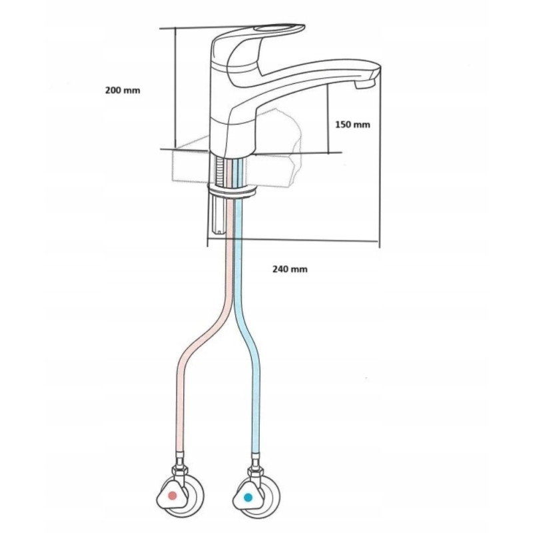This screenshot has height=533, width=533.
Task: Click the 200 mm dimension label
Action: [123, 90]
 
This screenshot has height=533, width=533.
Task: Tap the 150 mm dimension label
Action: [352, 125]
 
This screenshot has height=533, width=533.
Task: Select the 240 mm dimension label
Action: [290, 269]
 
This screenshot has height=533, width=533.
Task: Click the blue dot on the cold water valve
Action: [248, 496]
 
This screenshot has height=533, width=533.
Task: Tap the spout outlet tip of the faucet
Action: [366, 83]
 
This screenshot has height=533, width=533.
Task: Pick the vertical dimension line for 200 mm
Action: [175, 87]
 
